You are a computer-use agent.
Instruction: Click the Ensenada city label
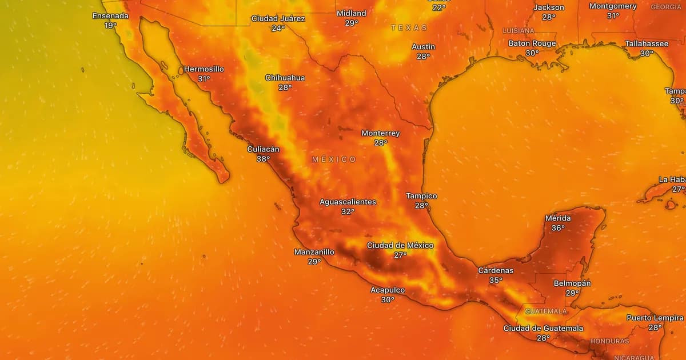point(111,16)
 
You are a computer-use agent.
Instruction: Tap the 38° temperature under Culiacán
point(263,159)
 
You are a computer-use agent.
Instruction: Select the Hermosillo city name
point(204,69)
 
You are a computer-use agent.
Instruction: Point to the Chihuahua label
point(285,78)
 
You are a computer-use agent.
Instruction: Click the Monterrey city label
point(380,133)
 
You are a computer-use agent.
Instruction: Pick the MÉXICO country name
point(334,159)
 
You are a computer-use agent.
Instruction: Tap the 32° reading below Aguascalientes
point(348,211)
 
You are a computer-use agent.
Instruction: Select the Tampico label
point(421,196)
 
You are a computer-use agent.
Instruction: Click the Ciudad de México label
point(400,245)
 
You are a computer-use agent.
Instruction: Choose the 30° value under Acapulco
point(388,299)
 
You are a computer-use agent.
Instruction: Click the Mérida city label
point(558,218)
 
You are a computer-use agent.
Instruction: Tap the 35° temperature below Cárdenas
point(496,280)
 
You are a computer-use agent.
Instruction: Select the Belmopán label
point(572,283)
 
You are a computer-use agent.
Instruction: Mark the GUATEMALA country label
point(546,311)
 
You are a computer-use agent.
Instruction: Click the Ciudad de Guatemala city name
point(543,328)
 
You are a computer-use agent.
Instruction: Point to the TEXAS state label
point(409,27)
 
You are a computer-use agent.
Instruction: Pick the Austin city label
point(423,47)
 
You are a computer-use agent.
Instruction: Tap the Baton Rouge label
point(532,43)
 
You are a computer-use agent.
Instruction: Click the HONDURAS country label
point(609,341)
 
